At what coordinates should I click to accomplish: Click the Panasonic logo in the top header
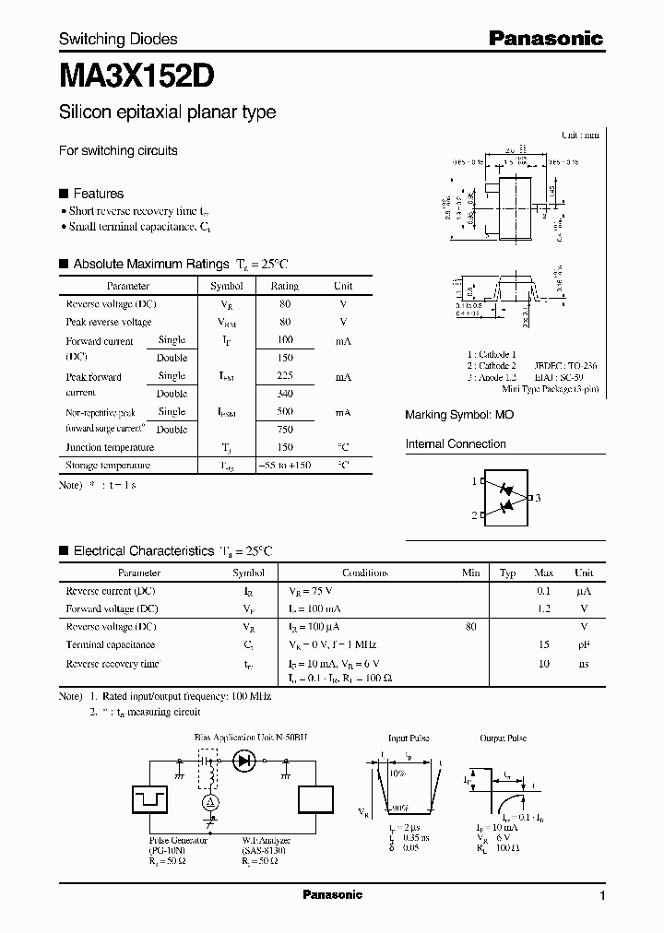545,39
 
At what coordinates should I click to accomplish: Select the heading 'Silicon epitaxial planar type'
167,112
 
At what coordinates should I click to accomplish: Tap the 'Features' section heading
98,194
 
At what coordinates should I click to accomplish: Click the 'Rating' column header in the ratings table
285,287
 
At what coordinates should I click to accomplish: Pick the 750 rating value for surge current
285,430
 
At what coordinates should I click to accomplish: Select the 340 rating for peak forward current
285,394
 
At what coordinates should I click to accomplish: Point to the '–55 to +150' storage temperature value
285,466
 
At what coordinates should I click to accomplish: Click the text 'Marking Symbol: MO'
459,416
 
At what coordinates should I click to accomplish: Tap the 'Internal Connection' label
456,444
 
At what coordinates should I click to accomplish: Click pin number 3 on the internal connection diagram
537,498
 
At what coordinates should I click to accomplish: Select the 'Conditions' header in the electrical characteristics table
364,573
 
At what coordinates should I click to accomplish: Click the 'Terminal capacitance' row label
110,645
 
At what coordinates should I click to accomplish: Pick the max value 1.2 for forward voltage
544,609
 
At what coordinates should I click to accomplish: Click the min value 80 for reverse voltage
471,627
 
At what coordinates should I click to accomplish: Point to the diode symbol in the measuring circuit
244,761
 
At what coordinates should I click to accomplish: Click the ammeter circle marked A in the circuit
209,803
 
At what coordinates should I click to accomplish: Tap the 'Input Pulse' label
408,738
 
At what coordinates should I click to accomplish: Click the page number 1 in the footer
602,896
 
